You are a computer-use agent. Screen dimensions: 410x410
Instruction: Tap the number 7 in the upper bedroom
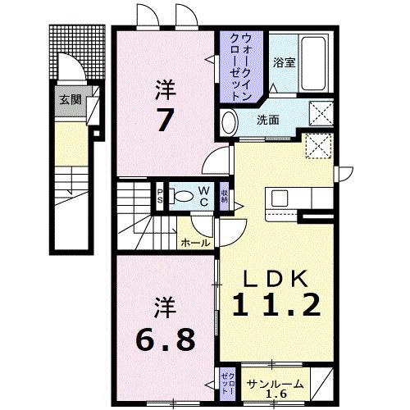pyautogui.click(x=166, y=120)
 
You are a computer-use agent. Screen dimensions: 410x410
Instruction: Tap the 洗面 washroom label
pyautogui.click(x=267, y=120)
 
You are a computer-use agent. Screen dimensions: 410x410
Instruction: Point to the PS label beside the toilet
pyautogui.click(x=162, y=196)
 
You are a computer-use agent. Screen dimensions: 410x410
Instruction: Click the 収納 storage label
pyautogui.click(x=225, y=197)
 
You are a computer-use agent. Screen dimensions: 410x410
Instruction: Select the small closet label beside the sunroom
pyautogui.click(x=225, y=382)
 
